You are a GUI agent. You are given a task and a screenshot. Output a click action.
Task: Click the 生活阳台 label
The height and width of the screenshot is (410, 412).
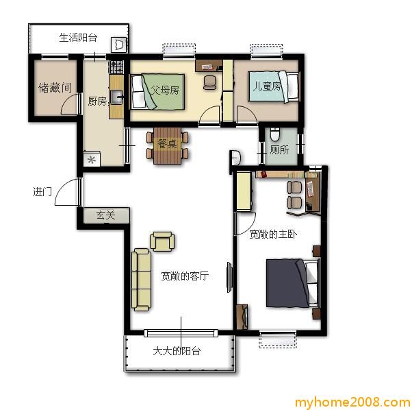click(78, 38)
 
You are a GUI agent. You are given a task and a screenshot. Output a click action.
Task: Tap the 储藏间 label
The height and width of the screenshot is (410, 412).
click(55, 88)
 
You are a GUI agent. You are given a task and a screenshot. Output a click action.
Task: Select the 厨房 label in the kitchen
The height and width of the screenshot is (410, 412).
click(97, 101)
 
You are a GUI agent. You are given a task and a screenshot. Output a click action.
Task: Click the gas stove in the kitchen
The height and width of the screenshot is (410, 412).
click(116, 67)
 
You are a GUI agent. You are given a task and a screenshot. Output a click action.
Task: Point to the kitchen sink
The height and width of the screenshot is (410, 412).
click(117, 97)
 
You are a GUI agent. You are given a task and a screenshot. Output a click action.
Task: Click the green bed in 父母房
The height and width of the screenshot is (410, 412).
click(157, 91)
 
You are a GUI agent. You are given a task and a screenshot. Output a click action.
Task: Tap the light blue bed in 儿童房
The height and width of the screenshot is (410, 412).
click(274, 87)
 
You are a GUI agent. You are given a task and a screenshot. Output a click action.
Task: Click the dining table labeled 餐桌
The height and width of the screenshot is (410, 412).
click(168, 145)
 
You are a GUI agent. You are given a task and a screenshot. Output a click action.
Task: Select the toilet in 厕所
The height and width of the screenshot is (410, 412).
click(275, 134)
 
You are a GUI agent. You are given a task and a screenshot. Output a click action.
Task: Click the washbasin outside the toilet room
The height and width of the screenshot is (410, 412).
click(235, 157)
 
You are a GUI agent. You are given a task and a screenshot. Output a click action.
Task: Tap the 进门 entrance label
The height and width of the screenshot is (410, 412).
click(42, 191)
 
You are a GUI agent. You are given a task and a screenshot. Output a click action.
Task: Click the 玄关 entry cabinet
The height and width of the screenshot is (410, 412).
click(106, 215)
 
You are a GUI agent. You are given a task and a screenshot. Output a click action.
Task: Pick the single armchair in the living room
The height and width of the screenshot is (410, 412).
click(162, 241)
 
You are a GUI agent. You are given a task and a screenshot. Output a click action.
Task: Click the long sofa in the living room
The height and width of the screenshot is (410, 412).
click(142, 279)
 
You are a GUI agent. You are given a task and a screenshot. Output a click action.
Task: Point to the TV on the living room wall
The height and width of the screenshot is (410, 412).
click(229, 277)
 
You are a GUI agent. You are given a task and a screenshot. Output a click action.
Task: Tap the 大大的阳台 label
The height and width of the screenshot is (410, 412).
click(177, 351)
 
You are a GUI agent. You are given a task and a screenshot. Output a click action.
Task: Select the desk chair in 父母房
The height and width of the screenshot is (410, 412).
click(209, 83)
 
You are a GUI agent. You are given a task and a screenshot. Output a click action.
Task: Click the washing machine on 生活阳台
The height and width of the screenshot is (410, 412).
click(119, 45)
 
